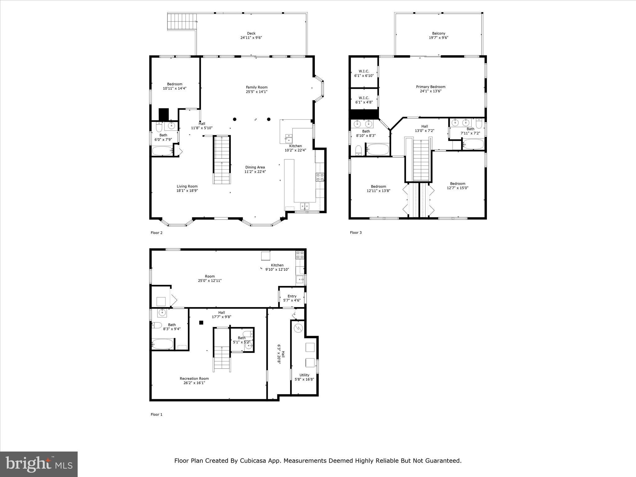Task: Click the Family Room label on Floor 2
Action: [257, 87]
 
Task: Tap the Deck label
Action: [251, 34]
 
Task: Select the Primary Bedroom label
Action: [430, 87]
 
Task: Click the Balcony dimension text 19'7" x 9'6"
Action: [438, 38]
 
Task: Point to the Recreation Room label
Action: [194, 379]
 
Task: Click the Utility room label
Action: [304, 375]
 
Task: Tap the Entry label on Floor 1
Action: [292, 296]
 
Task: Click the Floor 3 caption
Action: [356, 233]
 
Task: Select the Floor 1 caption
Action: [157, 414]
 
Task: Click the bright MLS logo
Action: [39, 464]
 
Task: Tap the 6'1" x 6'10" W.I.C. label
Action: [364, 73]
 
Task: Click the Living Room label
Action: [187, 186]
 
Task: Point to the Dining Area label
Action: [255, 167]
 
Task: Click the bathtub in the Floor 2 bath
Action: [162, 151]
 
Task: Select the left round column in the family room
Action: [234, 119]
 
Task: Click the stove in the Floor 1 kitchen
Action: [300, 255]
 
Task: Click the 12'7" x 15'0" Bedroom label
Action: [457, 184]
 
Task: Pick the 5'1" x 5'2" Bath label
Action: [242, 338]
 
